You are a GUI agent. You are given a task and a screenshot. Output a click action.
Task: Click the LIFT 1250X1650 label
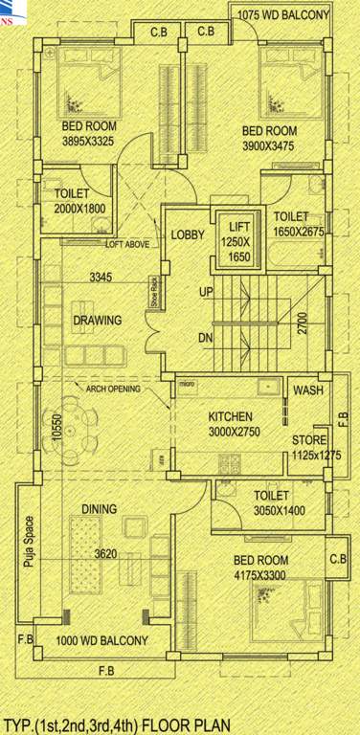point(238,238)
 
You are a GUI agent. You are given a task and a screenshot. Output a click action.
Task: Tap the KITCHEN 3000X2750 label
point(231,424)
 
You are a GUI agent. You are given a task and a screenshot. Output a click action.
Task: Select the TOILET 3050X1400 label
point(280,503)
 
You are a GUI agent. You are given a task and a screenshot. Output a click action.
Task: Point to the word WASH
point(307,391)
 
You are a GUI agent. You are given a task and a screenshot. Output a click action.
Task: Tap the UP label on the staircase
point(205,291)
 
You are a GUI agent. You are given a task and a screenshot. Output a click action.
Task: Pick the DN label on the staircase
point(205,338)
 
